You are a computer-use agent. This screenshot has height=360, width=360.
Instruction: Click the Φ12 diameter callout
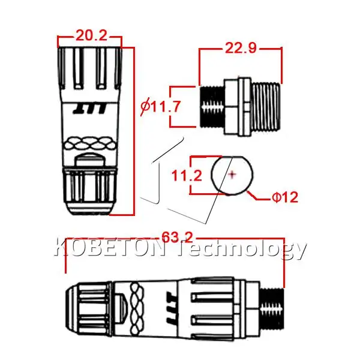click(x=286, y=197)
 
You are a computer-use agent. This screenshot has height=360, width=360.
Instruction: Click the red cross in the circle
click(x=233, y=175)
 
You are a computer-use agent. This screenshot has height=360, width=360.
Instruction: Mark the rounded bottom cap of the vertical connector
click(x=89, y=207)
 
